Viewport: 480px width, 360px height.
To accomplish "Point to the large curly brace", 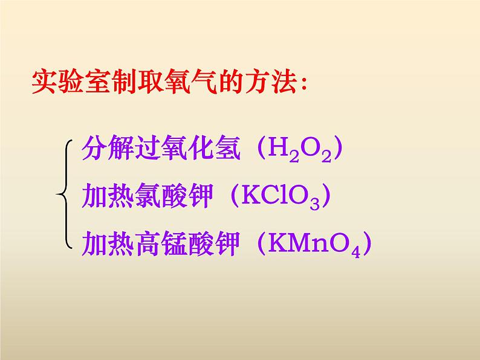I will [65, 194].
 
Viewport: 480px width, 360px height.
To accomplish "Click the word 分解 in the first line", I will [102, 148].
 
